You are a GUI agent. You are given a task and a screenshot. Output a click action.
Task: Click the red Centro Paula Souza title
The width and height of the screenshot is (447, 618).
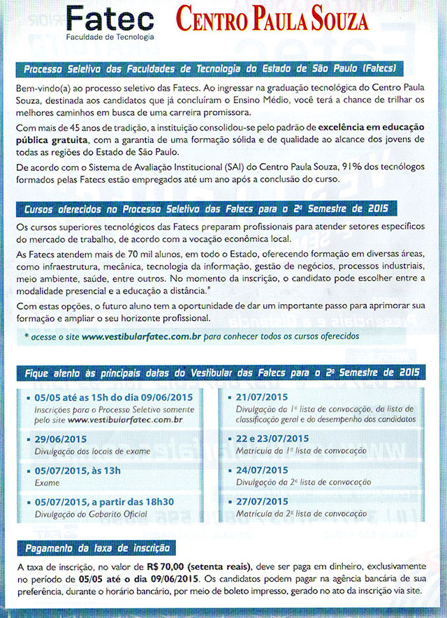click(272, 20)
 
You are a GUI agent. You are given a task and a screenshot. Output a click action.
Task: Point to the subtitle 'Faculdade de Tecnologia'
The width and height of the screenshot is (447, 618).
click(110, 36)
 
